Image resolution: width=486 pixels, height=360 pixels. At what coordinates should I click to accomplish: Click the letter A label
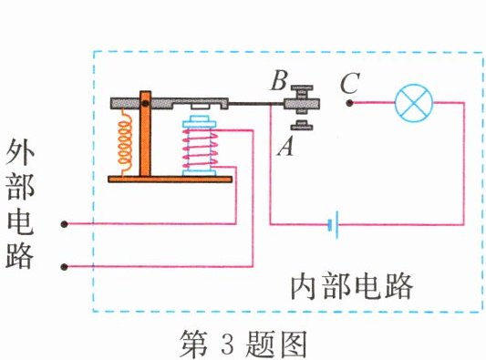pyautogui.click(x=284, y=146)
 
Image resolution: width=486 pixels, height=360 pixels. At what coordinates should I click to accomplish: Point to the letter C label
pyautogui.click(x=347, y=85)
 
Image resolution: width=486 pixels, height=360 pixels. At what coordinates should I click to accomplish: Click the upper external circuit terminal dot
pyautogui.click(x=64, y=223)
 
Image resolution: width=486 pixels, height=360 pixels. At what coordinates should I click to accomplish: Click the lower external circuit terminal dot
pyautogui.click(x=64, y=266)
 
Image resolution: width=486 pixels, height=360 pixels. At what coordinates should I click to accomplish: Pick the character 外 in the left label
pyautogui.click(x=20, y=151)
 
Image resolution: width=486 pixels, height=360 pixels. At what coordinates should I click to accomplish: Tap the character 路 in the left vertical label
pyautogui.click(x=20, y=255)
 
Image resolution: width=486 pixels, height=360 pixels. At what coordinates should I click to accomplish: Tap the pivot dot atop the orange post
pyautogui.click(x=144, y=102)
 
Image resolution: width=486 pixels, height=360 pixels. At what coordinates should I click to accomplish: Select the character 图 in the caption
pyautogui.click(x=298, y=345)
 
